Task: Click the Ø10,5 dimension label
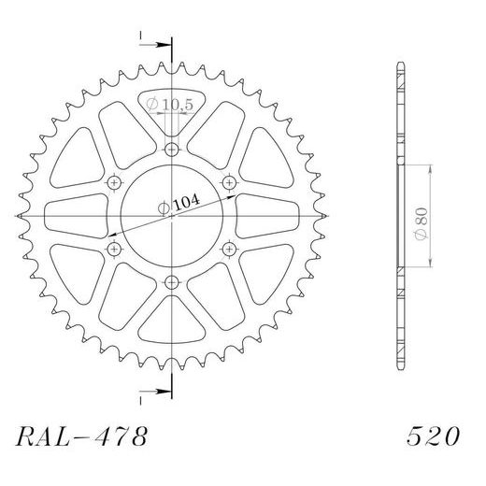(x=170, y=106)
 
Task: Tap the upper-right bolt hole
(x=229, y=182)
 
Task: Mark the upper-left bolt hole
(x=115, y=182)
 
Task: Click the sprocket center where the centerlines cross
(x=172, y=216)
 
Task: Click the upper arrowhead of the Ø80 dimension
(x=429, y=169)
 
